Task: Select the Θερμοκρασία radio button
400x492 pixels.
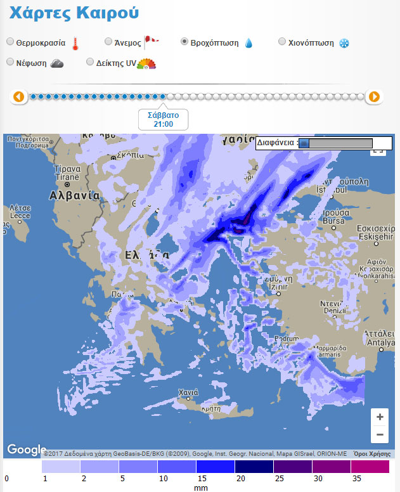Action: [10, 42]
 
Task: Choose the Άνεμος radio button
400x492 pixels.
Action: [108, 42]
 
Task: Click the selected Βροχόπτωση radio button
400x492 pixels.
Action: [184, 42]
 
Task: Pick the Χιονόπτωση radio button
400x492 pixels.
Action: [283, 42]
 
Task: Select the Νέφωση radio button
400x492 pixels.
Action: [10, 62]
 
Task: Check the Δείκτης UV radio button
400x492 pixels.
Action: [90, 62]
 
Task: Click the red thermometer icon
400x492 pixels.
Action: [75, 43]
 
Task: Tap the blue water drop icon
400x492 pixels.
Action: [248, 43]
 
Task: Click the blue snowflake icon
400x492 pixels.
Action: [344, 43]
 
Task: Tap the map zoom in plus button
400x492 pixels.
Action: [380, 417]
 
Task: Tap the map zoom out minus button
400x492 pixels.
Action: [380, 434]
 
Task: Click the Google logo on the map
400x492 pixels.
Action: [27, 450]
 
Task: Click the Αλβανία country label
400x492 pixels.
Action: [75, 195]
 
